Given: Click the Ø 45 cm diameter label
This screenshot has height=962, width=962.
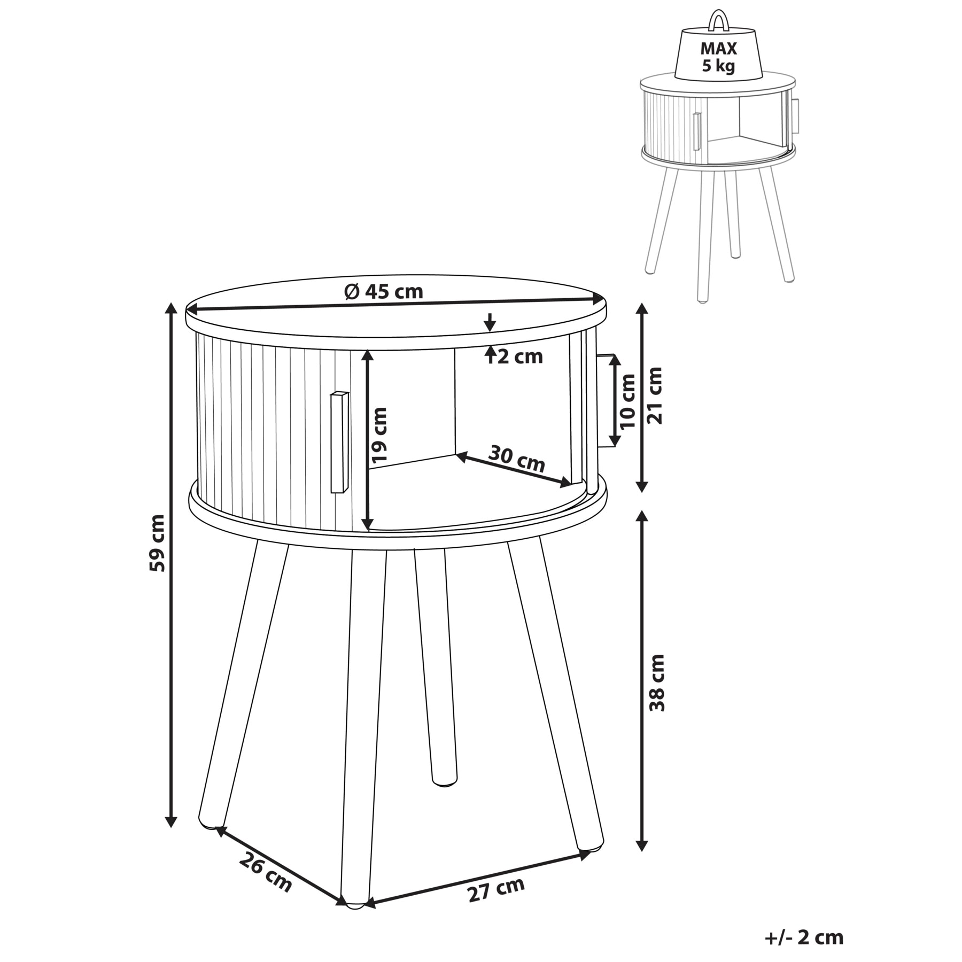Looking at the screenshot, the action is click(384, 291).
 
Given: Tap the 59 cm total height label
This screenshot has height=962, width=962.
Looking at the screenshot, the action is click(158, 542).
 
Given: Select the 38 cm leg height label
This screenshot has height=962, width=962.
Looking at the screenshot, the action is click(657, 682).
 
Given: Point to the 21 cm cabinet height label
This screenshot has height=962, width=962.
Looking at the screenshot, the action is click(654, 395).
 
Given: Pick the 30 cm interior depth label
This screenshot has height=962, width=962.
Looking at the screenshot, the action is click(517, 458).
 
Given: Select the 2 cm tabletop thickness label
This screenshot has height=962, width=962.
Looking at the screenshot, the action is click(520, 356).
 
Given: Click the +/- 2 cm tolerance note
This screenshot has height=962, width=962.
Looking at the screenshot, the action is click(804, 937).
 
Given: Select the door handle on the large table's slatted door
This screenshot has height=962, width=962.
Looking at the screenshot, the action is click(339, 442).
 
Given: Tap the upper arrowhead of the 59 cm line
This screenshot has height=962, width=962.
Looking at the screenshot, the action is click(171, 309).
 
